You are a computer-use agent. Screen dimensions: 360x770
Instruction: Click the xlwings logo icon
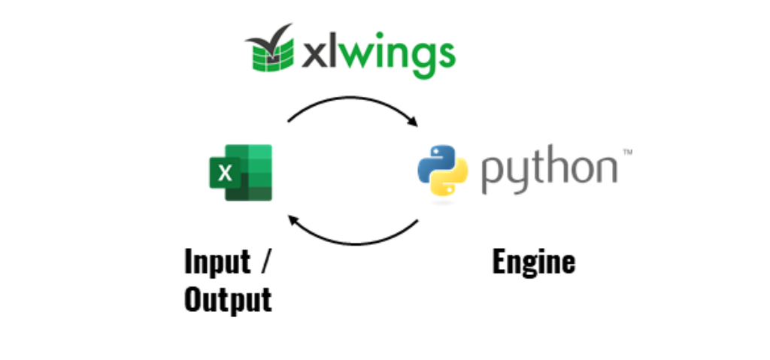(x=270, y=51)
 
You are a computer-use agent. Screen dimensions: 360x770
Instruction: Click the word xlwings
(x=377, y=54)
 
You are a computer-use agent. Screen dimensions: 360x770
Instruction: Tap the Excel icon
(x=239, y=173)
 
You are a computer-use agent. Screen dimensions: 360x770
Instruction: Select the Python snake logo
(x=442, y=171)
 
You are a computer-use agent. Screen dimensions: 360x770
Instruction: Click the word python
(x=549, y=171)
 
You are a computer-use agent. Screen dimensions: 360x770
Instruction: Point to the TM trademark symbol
(x=626, y=153)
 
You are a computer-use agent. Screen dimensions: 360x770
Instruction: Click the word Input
(x=217, y=262)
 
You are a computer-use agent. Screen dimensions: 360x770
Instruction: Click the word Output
(x=227, y=300)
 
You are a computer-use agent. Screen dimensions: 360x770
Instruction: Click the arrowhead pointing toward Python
(x=412, y=121)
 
